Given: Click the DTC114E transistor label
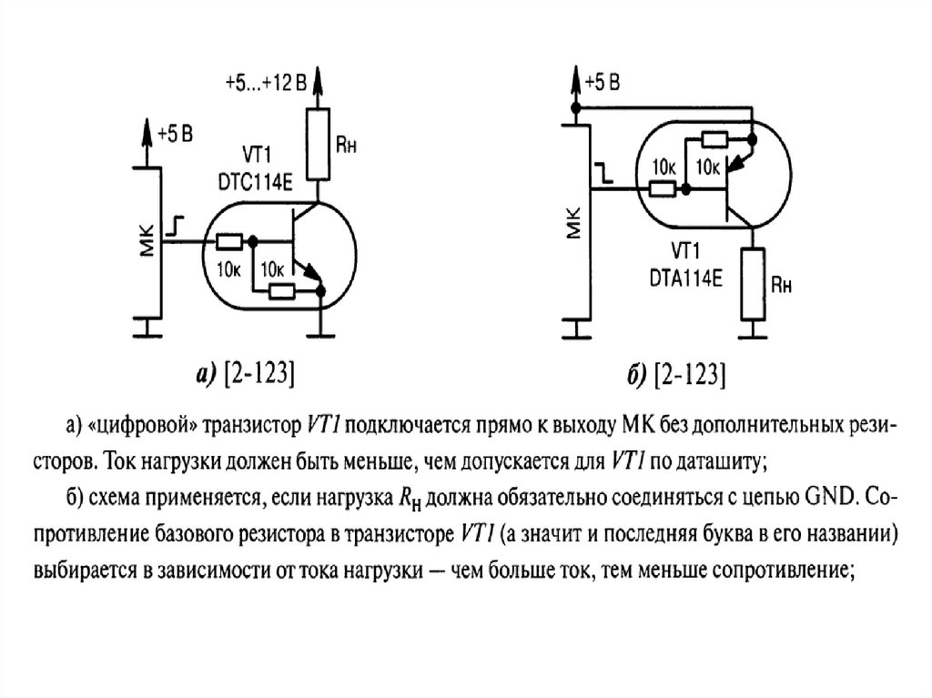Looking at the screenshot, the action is (x=256, y=183).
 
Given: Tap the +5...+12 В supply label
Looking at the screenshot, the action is (x=266, y=83).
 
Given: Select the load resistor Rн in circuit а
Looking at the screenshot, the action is (x=318, y=144).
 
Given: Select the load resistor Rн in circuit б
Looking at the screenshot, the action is (x=753, y=285).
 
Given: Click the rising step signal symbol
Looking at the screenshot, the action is (x=175, y=226).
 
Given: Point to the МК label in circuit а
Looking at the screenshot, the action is (x=147, y=240).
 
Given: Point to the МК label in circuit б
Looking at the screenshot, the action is (x=573, y=222).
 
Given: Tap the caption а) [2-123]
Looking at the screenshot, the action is (x=246, y=375).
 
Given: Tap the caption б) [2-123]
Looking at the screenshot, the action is (x=677, y=375).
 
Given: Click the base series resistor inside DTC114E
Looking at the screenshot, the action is (x=228, y=241).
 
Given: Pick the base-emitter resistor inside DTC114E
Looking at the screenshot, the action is (x=282, y=291).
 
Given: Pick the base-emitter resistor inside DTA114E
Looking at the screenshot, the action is (x=714, y=140).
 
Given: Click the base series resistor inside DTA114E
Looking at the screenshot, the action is (x=662, y=189).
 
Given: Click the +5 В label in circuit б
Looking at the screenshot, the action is (x=603, y=83).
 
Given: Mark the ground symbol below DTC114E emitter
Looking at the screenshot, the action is (x=321, y=336).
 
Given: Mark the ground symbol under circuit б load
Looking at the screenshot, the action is (x=753, y=336).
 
